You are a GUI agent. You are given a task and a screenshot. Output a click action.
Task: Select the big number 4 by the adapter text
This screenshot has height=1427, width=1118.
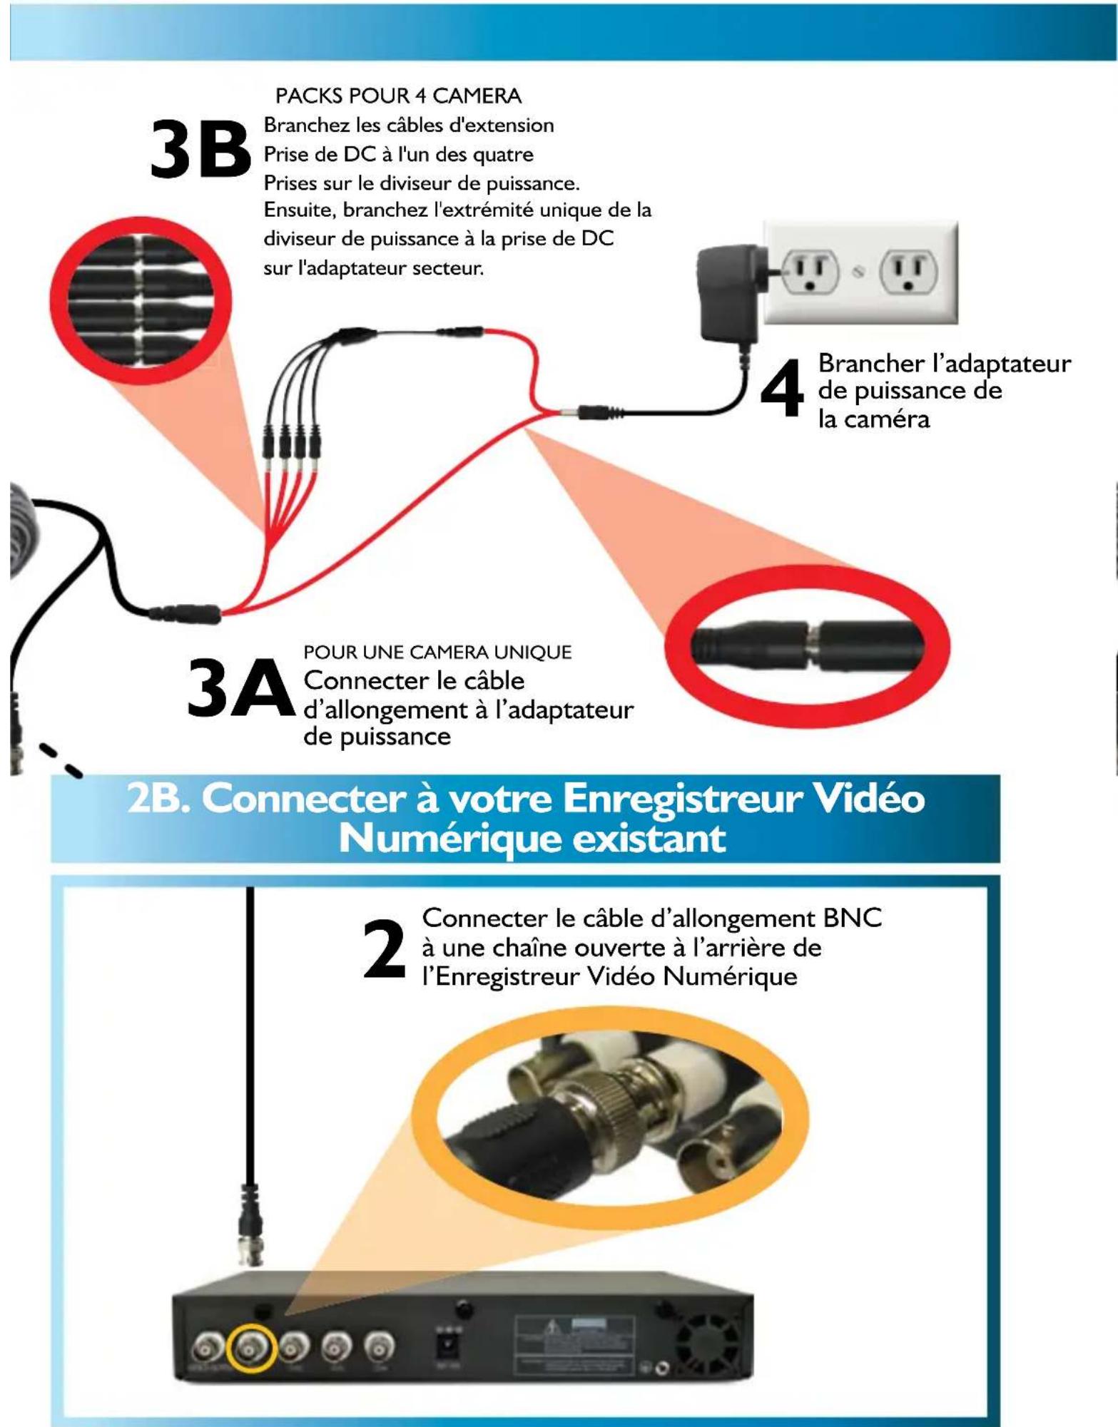(782, 389)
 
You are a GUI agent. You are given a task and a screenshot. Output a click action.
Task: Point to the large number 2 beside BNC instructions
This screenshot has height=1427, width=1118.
(384, 949)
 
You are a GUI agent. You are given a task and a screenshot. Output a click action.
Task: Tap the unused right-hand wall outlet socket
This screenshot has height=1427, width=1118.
(908, 272)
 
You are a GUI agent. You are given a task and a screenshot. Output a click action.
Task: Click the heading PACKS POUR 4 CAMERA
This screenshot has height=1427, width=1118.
(398, 96)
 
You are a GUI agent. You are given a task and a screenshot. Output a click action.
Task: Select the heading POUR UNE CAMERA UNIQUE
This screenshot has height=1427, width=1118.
(437, 652)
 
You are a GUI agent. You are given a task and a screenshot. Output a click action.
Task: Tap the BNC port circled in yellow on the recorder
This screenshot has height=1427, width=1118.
(251, 1347)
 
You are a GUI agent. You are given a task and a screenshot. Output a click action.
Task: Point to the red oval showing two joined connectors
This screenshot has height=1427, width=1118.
(807, 646)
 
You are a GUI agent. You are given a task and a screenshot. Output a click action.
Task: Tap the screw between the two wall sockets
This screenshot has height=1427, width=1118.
(860, 272)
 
